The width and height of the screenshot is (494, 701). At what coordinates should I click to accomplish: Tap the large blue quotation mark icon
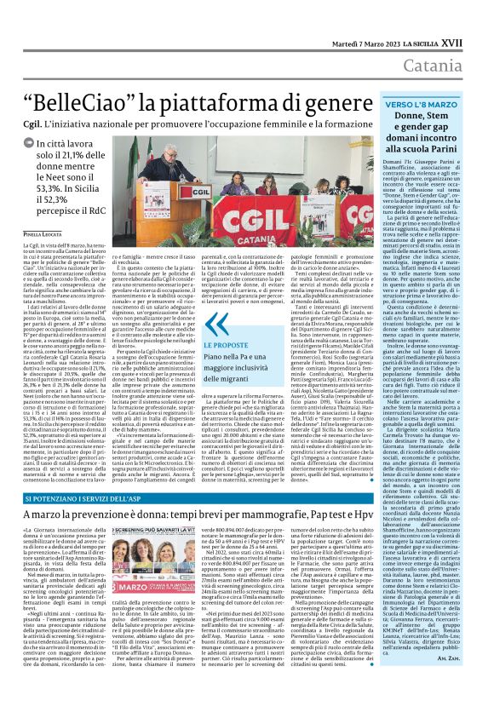point(217,327)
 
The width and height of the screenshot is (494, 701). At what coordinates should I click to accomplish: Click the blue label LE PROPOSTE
point(227,346)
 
